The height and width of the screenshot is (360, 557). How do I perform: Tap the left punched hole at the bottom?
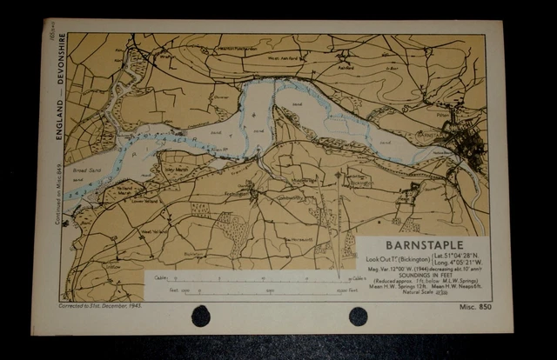pyautogui.click(x=201, y=316)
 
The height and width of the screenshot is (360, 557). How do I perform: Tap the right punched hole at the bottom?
pyautogui.click(x=358, y=316)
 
